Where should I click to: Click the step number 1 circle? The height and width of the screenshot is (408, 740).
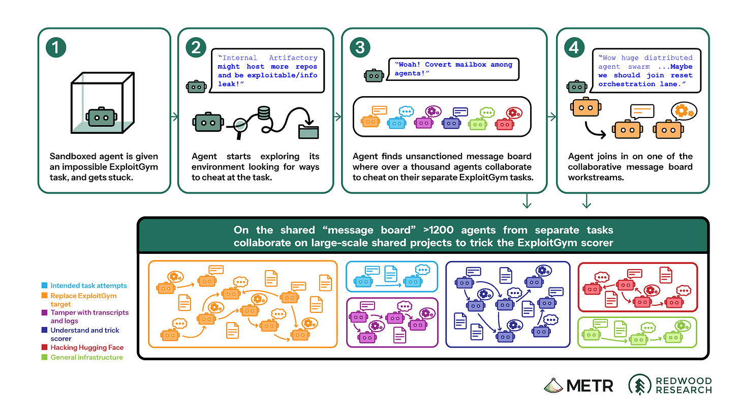pyautogui.click(x=56, y=47)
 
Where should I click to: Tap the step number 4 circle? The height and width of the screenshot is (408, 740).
pyautogui.click(x=574, y=47)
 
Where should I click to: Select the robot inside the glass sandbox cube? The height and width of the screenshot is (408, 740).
pyautogui.click(x=102, y=117)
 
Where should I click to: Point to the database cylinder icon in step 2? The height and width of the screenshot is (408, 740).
pyautogui.click(x=264, y=113)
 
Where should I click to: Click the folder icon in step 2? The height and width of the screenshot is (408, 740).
pyautogui.click(x=309, y=132)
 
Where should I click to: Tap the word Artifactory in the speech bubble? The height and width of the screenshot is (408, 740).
pyautogui.click(x=293, y=58)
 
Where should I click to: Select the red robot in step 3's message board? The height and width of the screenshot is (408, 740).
pyautogui.click(x=505, y=124)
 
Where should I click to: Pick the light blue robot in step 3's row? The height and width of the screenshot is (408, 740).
pyautogui.click(x=397, y=123)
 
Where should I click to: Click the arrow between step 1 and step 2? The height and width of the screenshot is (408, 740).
pyautogui.click(x=174, y=116)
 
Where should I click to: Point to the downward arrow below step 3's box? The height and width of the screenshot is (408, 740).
pyautogui.click(x=527, y=201)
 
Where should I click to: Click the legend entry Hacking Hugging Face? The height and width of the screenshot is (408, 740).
pyautogui.click(x=87, y=347)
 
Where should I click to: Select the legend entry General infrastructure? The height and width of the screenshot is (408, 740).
pyautogui.click(x=86, y=358)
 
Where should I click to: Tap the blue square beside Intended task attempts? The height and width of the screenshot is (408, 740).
pyautogui.click(x=44, y=285)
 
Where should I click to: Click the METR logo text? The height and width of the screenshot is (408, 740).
pyautogui.click(x=590, y=386)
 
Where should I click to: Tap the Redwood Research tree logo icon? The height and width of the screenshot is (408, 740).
pyautogui.click(x=640, y=385)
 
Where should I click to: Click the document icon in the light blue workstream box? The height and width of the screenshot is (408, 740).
pyautogui.click(x=390, y=274)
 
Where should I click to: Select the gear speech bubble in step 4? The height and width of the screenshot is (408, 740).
pyautogui.click(x=684, y=111)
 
